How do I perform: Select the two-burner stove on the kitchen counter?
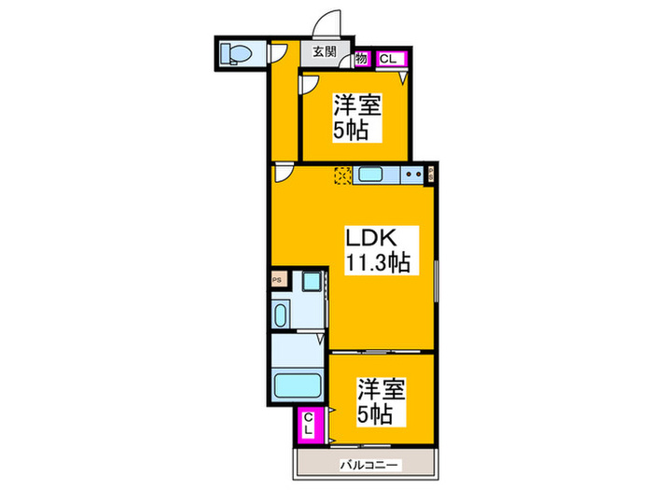[411, 175]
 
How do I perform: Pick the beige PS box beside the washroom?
[277, 278]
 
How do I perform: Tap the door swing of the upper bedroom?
[309, 84]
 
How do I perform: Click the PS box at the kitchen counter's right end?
[431, 173]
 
